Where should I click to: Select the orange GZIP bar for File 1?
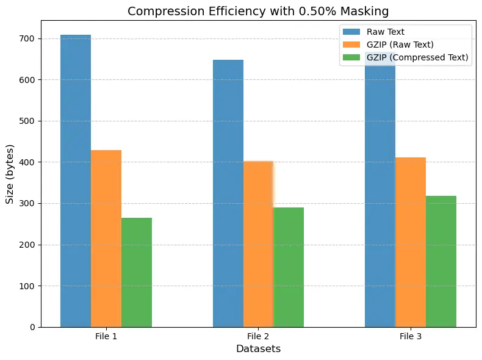pos(106,239)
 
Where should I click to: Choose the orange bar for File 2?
pos(258,244)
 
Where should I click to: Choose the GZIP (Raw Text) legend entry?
pos(400,45)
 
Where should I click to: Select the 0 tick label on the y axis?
pos(32,327)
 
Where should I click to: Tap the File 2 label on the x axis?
pos(258,337)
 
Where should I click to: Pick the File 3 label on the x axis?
pos(411,337)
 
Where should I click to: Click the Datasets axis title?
pos(258,349)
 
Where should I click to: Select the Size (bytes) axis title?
pos(10,174)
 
